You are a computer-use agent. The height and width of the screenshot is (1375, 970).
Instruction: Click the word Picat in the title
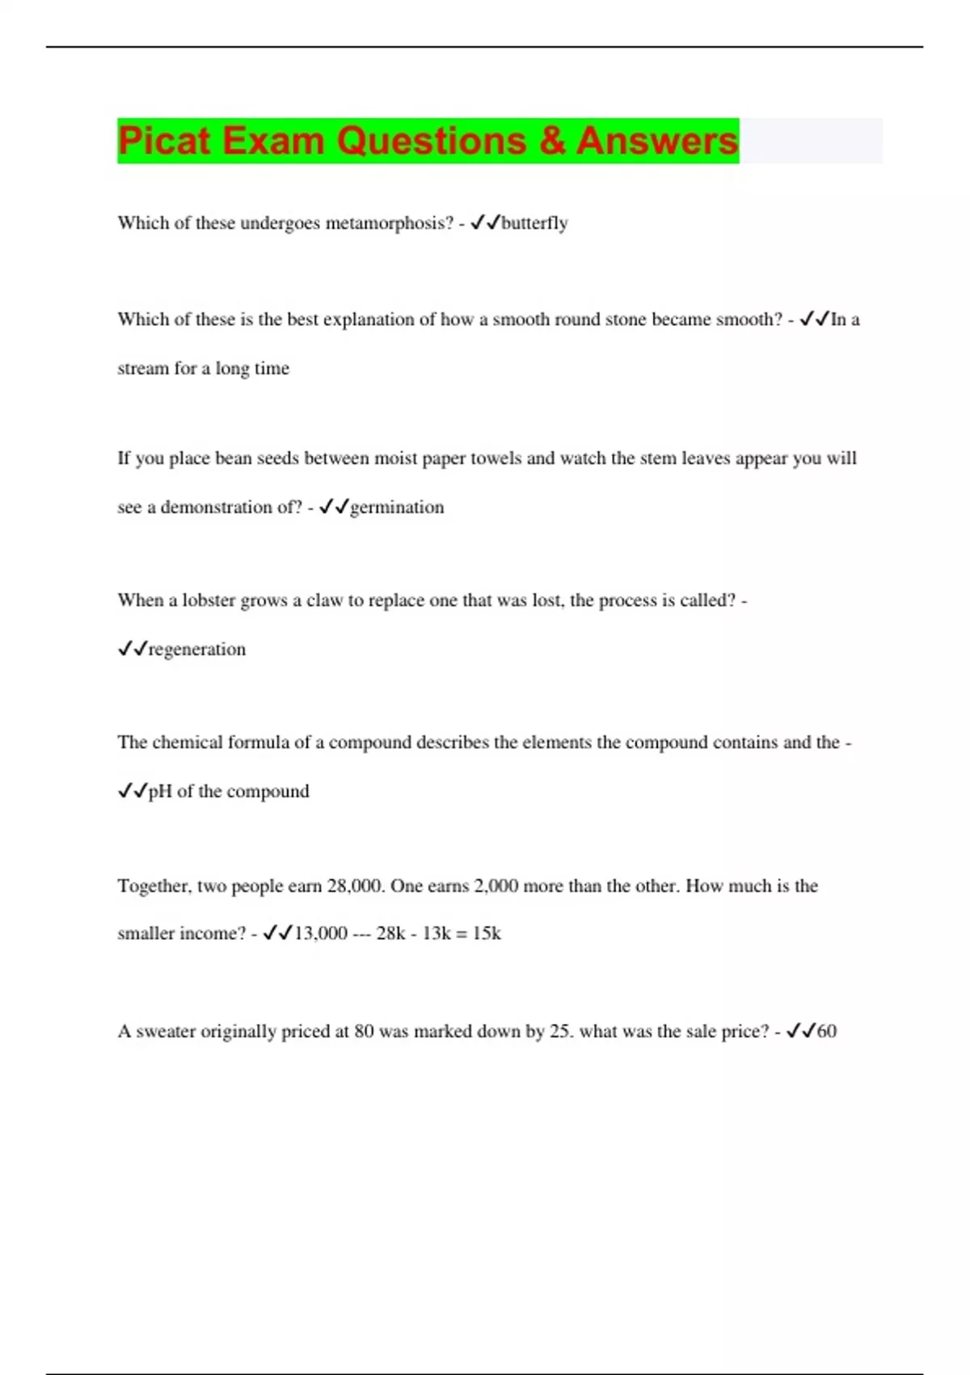pyautogui.click(x=163, y=141)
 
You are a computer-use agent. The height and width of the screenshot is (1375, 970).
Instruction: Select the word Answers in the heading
pyautogui.click(x=656, y=141)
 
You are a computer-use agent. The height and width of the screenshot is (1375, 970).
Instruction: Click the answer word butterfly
pyautogui.click(x=534, y=223)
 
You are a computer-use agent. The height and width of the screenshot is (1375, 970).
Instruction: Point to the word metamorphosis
pyautogui.click(x=389, y=223)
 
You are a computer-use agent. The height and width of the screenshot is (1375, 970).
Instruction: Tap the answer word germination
pyautogui.click(x=397, y=507)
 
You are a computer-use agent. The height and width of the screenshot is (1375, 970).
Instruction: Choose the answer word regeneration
pyautogui.click(x=197, y=649)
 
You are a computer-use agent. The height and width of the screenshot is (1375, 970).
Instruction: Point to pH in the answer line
pyautogui.click(x=160, y=791)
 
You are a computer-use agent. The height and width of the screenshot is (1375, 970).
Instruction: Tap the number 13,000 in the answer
pyautogui.click(x=320, y=933)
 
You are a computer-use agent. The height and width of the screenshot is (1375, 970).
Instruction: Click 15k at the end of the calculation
pyautogui.click(x=487, y=933)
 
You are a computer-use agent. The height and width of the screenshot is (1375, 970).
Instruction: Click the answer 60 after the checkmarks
pyautogui.click(x=827, y=1031)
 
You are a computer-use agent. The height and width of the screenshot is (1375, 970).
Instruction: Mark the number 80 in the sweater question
pyautogui.click(x=364, y=1032)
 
